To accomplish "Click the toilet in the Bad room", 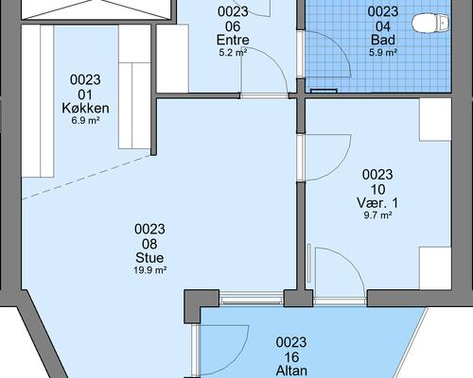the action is tap(430, 23).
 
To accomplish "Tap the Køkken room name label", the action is tap(85, 108).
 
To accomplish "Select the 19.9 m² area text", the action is tap(150, 270).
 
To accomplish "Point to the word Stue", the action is tap(149, 258).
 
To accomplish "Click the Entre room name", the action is tap(233, 40).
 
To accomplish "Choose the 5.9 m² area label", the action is tap(383, 53).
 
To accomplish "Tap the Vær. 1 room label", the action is tap(377, 203).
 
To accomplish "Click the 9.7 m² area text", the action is tap(377, 215).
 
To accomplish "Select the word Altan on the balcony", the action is tap(291, 370).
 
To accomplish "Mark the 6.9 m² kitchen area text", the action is tap(85, 120).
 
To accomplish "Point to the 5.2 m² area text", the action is tap(233, 53).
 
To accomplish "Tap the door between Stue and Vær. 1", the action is tap(324, 158).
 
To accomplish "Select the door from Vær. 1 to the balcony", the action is tap(340, 272).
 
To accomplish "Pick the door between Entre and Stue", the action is tap(264, 73).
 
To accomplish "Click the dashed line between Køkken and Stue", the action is tap(86, 177).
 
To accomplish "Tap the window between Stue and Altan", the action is tap(252, 299).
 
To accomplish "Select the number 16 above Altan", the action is tap(291, 357).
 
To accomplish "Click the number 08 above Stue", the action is tap(149, 244).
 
